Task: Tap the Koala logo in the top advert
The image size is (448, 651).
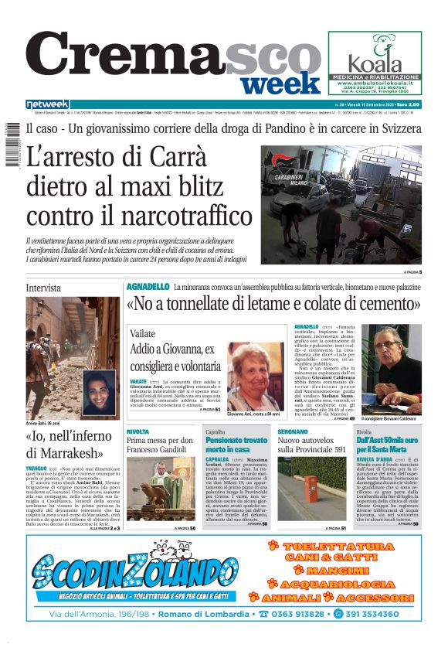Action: tap(375, 58)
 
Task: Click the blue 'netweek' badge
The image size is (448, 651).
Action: tap(47, 104)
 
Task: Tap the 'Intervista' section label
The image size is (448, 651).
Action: tap(43, 288)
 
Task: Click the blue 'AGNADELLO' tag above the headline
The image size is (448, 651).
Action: tap(147, 287)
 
